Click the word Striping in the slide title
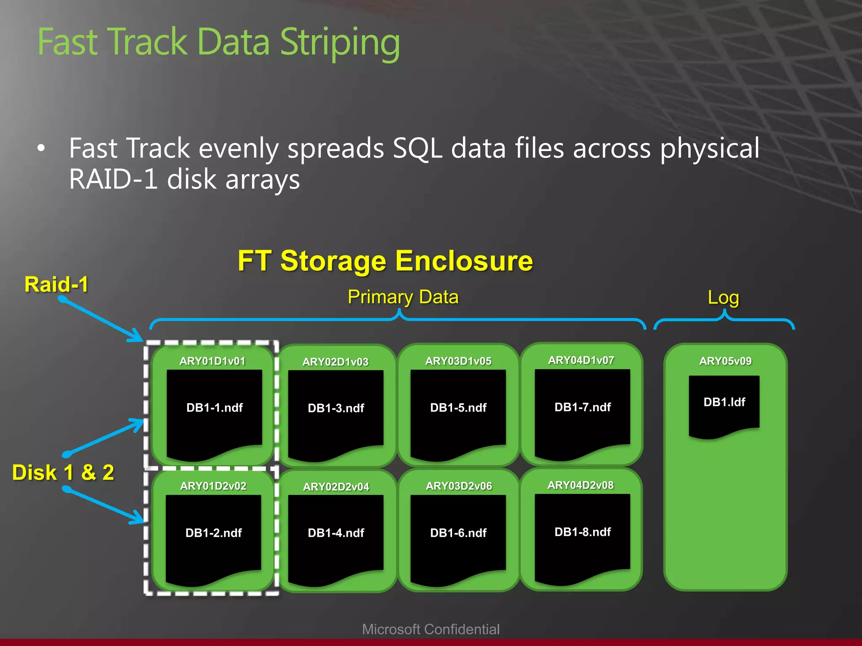pyautogui.click(x=340, y=43)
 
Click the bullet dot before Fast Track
pyautogui.click(x=41, y=148)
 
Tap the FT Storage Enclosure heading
pyautogui.click(x=385, y=261)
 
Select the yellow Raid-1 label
pyautogui.click(x=56, y=284)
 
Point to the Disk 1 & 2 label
pyautogui.click(x=63, y=472)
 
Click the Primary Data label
pyautogui.click(x=403, y=297)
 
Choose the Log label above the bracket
pyautogui.click(x=723, y=297)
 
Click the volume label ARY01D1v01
pyautogui.click(x=212, y=361)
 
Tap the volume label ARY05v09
pyautogui.click(x=725, y=361)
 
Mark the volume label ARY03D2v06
pyautogui.click(x=459, y=486)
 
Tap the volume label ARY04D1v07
pyautogui.click(x=581, y=360)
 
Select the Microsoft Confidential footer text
pyautogui.click(x=431, y=629)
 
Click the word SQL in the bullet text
pyautogui.click(x=417, y=148)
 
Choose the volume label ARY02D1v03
pyautogui.click(x=335, y=362)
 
